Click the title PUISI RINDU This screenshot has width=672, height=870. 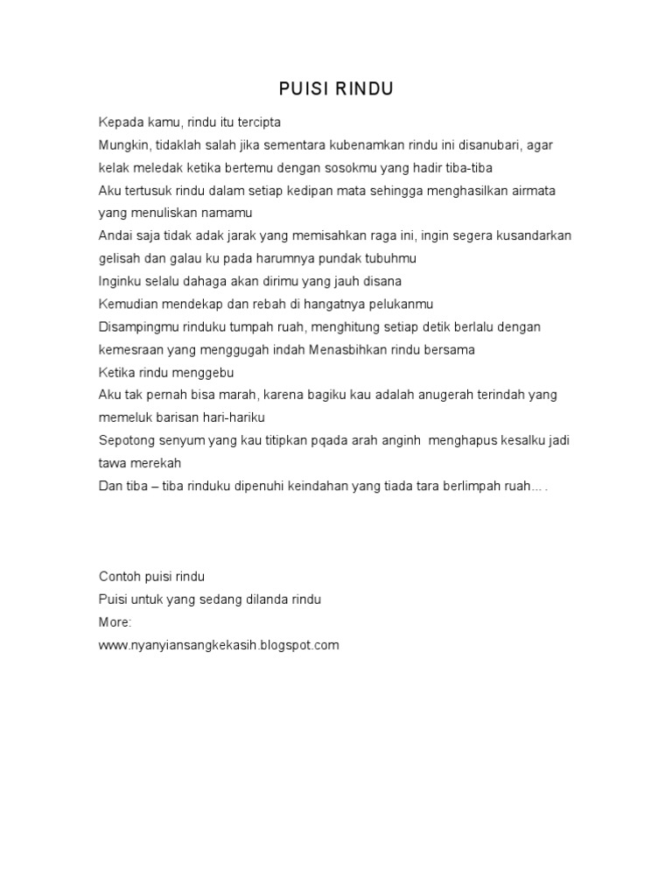point(336,88)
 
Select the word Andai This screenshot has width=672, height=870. point(115,235)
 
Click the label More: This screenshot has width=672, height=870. point(115,622)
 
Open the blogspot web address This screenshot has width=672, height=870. point(218,645)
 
